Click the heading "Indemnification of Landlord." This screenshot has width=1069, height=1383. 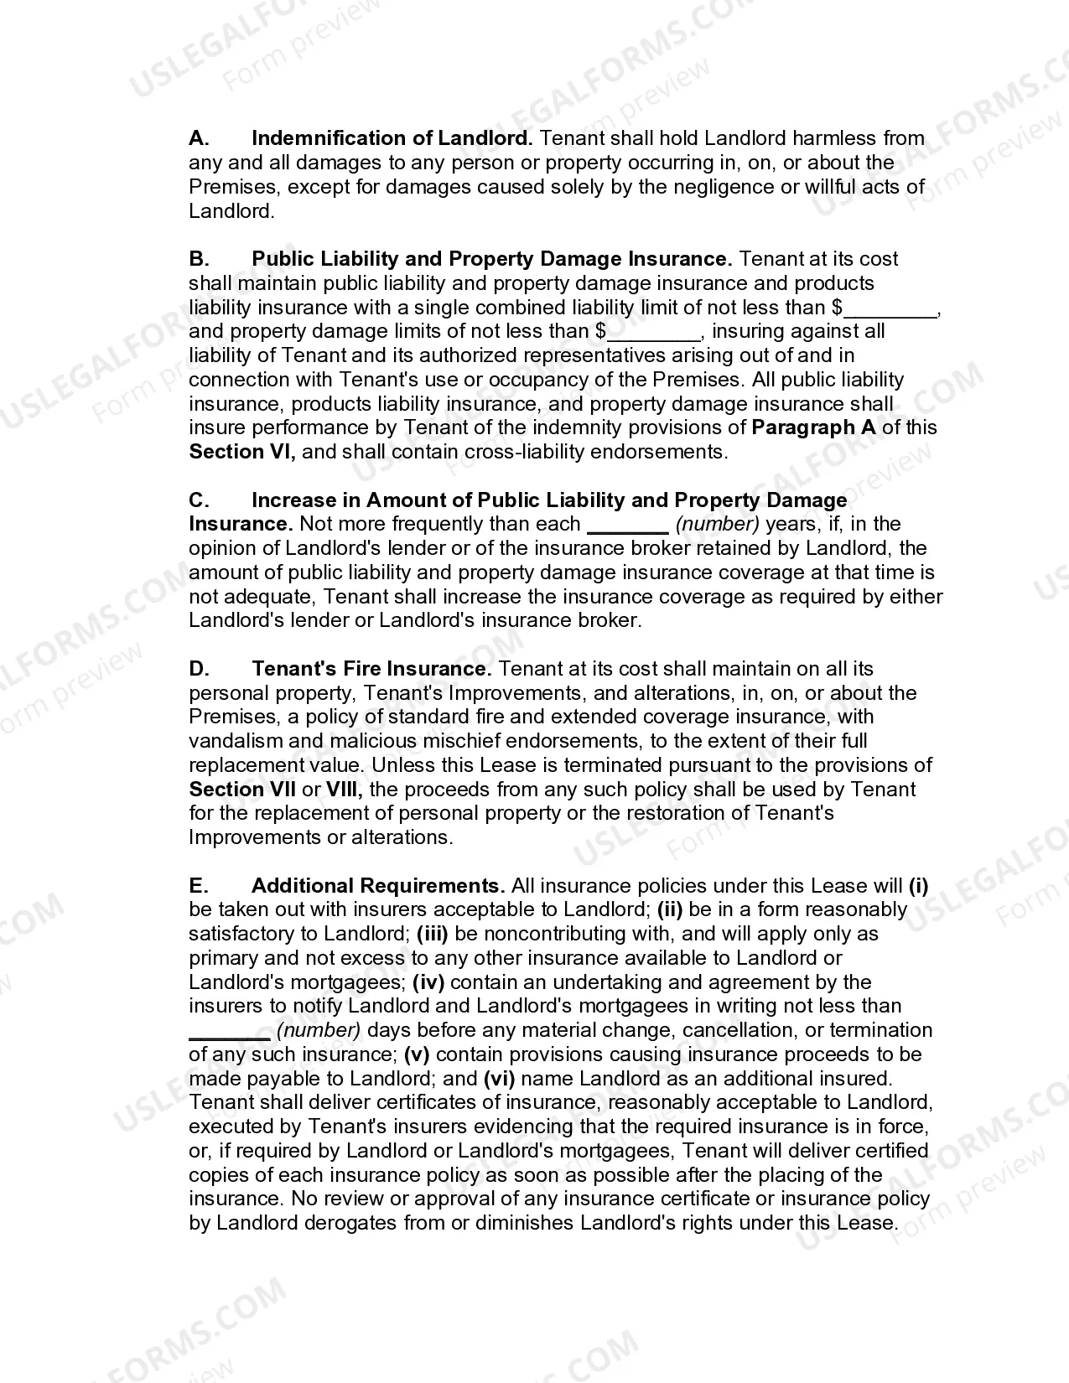tap(392, 138)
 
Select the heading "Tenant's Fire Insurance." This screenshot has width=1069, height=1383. tap(371, 669)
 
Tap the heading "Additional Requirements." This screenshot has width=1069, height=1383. tap(377, 886)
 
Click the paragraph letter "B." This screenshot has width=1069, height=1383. tap(199, 259)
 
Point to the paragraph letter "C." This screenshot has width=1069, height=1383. tap(199, 500)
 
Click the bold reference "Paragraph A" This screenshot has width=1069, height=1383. tap(813, 427)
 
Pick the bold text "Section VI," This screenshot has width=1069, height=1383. tap(242, 452)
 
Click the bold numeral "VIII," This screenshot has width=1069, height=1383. tap(344, 790)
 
